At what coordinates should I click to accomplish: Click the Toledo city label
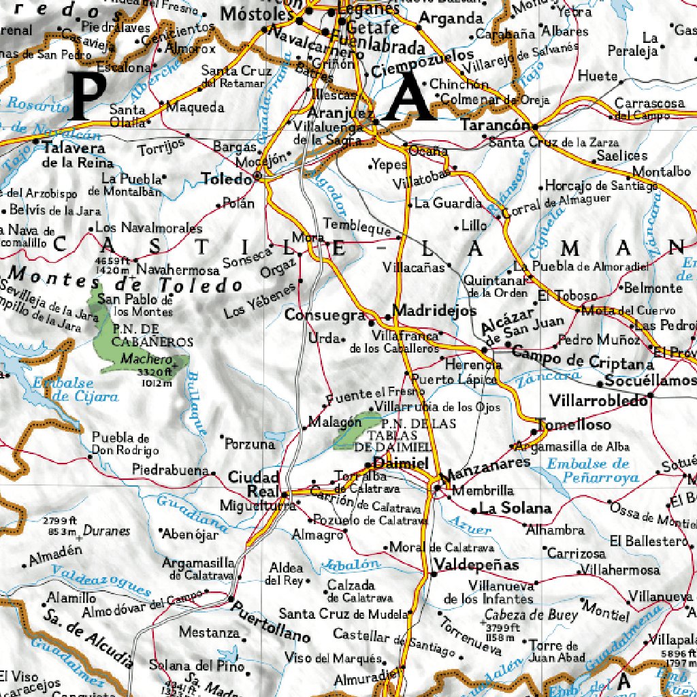coord(226,179)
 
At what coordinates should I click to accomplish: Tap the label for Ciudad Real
coord(253,484)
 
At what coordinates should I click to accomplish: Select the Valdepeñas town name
coord(476,565)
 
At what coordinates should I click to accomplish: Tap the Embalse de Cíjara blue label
coord(75,390)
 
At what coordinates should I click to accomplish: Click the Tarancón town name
coord(495,126)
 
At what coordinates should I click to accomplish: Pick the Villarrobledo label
coord(598,401)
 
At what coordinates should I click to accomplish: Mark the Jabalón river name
coord(352,565)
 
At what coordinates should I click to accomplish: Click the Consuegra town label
coord(325,316)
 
